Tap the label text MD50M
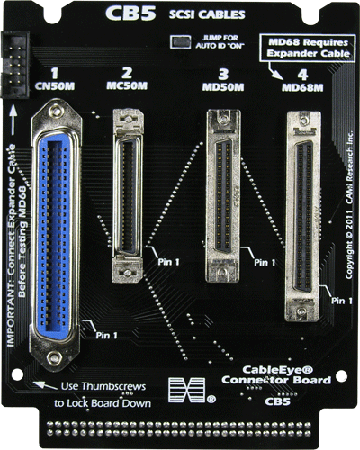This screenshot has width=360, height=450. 220,89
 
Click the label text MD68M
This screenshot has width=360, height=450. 302,89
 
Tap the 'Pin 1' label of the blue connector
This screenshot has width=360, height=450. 106,336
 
